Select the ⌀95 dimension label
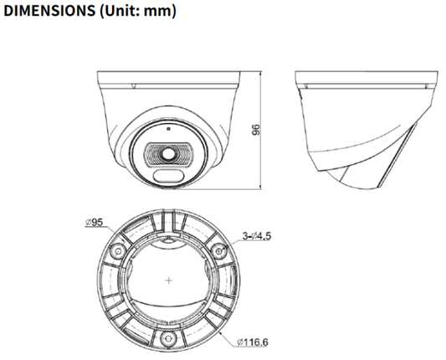point(95,223)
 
